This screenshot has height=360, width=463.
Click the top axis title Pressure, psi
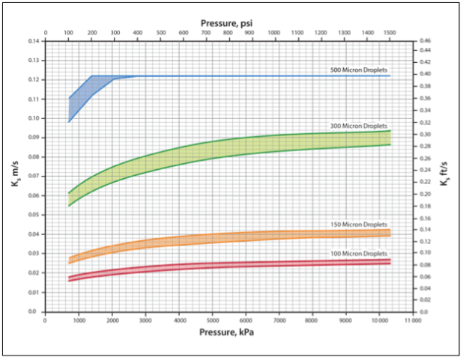point(227,23)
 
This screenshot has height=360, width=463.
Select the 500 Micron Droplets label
point(359,70)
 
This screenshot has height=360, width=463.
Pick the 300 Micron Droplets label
point(359,126)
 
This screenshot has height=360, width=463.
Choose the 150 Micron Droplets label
point(359,225)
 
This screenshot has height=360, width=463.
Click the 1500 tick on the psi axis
point(390,34)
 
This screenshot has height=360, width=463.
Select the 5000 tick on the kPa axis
point(212,319)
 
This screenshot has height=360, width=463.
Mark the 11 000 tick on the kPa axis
point(412,319)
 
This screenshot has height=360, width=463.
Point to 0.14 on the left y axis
point(31,40)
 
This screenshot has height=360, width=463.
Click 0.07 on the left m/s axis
point(31,176)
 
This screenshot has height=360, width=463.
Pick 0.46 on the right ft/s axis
point(425,40)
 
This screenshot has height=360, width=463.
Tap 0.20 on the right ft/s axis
point(425,194)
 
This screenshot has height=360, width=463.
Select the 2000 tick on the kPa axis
point(112,319)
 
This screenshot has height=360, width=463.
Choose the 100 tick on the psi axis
point(68,34)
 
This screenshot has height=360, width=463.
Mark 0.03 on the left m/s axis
point(31,253)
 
